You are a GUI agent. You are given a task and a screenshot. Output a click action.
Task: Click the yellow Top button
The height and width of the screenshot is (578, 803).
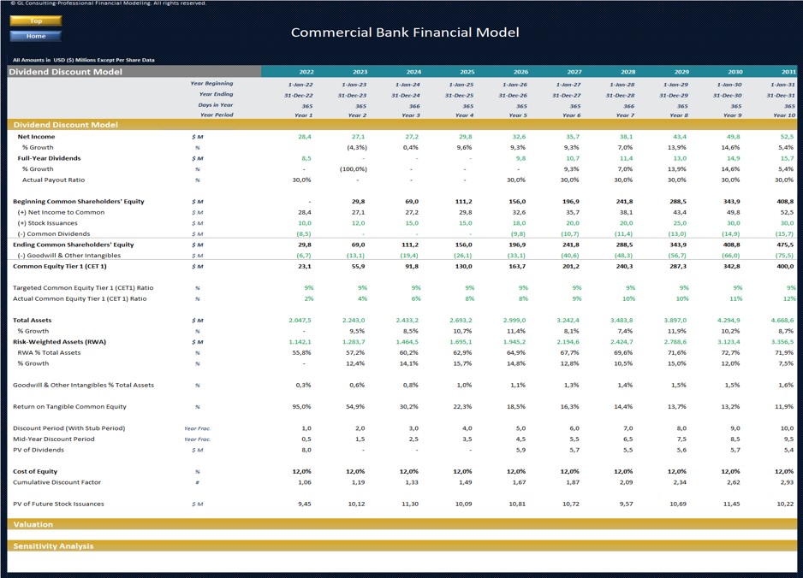point(35,21)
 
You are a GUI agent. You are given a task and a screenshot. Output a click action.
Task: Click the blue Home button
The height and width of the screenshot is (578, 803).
point(35,36)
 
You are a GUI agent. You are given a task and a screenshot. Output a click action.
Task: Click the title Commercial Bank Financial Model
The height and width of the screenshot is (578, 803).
point(404,32)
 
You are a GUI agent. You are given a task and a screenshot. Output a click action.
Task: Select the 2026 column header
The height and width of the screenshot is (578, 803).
point(520,72)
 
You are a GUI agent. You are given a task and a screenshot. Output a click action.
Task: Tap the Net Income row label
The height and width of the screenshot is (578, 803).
point(36,137)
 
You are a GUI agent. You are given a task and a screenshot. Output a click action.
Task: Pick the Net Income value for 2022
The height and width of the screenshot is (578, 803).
point(305,137)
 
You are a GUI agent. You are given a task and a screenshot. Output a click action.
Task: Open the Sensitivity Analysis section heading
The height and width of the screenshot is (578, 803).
point(53,546)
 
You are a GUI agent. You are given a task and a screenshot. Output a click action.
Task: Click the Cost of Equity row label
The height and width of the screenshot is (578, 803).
point(35,471)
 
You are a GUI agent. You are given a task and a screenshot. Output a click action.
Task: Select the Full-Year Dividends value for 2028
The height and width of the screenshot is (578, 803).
point(627,158)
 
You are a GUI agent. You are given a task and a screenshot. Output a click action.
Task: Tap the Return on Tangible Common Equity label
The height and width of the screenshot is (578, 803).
point(69,407)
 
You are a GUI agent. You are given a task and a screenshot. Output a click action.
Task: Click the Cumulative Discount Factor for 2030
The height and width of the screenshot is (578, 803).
point(734,482)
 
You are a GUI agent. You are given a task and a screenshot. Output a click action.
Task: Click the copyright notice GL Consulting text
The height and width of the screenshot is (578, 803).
point(104,3)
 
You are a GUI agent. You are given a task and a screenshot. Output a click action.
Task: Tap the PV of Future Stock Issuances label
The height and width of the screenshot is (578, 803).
point(58,504)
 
